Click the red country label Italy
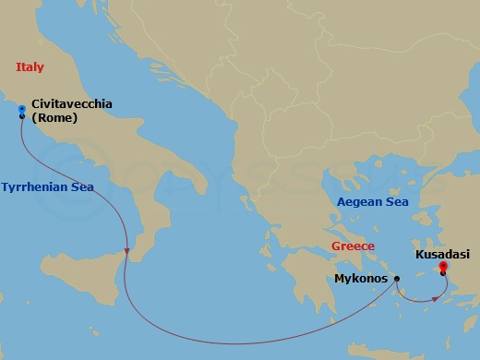[x=30, y=66]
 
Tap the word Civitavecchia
[x=72, y=104]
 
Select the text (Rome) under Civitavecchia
[x=54, y=117]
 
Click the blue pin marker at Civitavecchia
[x=21, y=110]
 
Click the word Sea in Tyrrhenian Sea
[x=82, y=186]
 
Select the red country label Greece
[x=353, y=246]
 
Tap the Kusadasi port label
[x=441, y=253]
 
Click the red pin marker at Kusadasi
[x=444, y=268]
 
